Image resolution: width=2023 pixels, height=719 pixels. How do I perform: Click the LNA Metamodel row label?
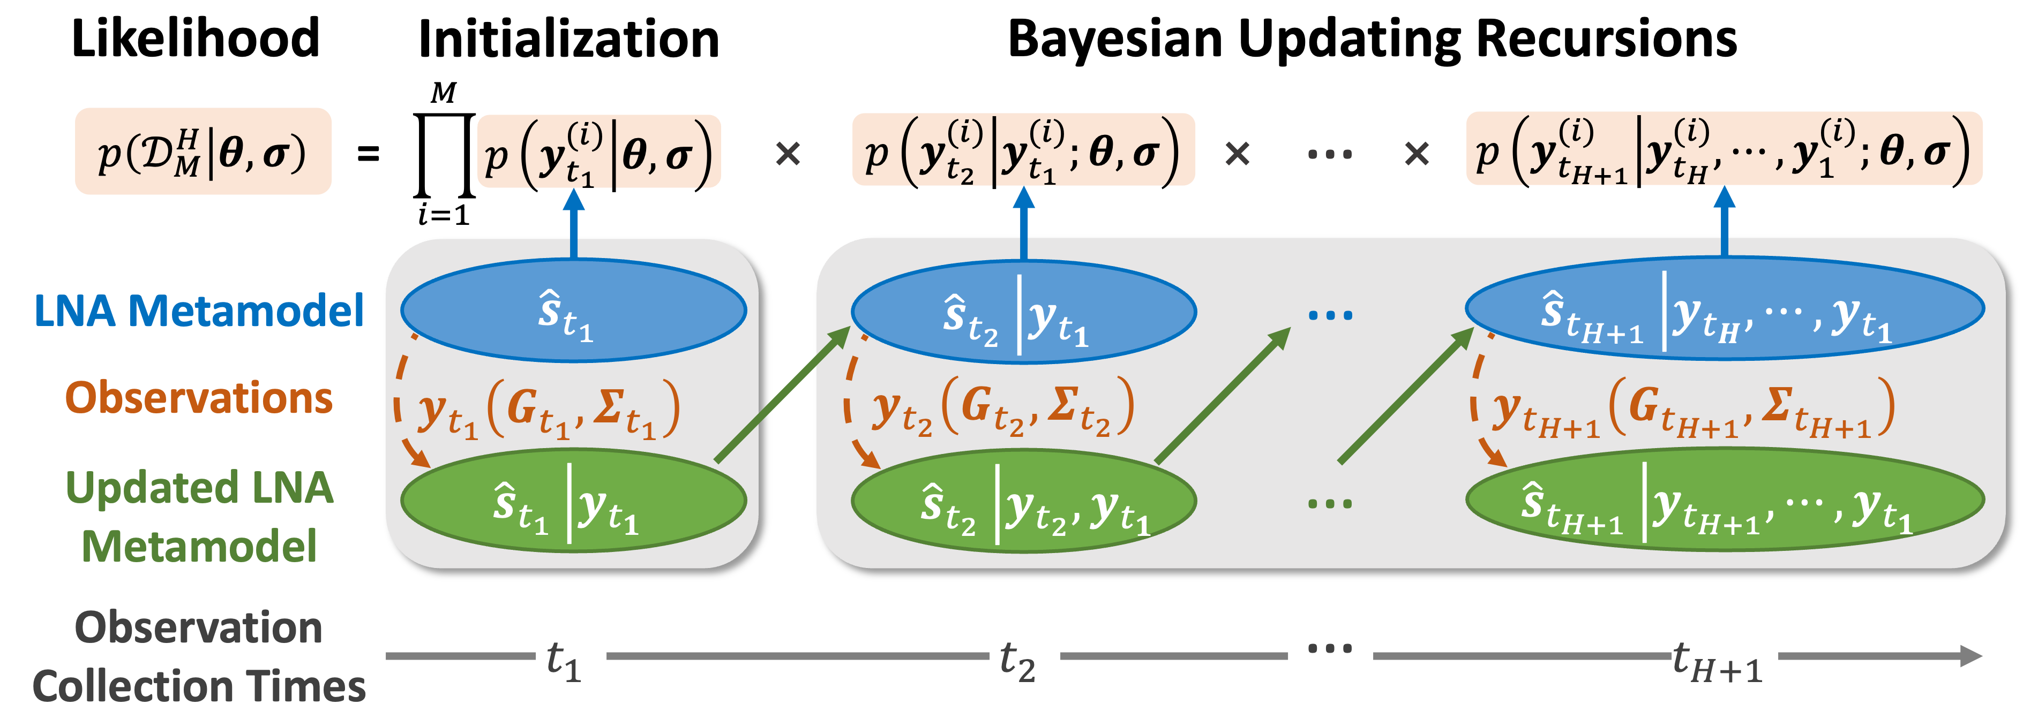[x=199, y=311]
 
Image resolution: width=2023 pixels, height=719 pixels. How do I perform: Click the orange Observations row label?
[x=199, y=397]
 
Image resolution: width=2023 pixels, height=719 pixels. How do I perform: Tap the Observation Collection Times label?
[x=199, y=657]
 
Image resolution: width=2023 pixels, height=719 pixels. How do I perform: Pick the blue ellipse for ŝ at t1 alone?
[x=573, y=310]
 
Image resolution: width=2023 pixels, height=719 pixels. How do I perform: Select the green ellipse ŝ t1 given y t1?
[x=573, y=500]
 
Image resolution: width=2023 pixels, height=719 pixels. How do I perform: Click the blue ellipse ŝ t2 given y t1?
[x=1023, y=312]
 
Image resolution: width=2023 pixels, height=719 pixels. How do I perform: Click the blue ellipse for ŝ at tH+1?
[x=1725, y=308]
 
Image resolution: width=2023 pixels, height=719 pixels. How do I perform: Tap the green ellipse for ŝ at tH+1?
[x=1725, y=500]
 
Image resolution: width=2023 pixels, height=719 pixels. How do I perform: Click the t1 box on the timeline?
[x=571, y=655]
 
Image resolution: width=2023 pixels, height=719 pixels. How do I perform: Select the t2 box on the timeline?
[x=1024, y=655]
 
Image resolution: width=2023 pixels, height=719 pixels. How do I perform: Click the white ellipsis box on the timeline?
[x=1330, y=655]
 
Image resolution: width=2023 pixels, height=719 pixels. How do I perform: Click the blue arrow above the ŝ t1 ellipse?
[x=574, y=224]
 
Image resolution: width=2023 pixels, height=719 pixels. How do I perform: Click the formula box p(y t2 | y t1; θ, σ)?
[x=1023, y=150]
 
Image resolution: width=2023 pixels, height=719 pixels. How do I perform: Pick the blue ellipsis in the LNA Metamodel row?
[x=1330, y=315]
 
